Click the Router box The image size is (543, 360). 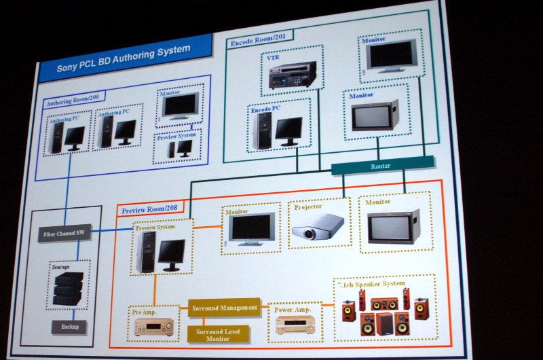[x=381, y=166]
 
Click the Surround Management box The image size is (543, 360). [x=224, y=308]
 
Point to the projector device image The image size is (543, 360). [x=317, y=227]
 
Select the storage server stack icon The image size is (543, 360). [x=68, y=288]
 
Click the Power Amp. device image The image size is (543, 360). [x=294, y=327]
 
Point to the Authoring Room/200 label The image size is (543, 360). [x=74, y=103]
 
